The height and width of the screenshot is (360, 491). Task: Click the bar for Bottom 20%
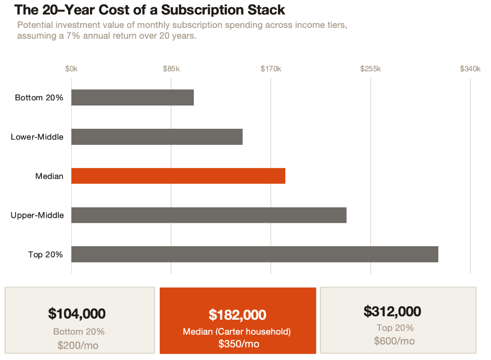[132, 97]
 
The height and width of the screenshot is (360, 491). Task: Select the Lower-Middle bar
[157, 137]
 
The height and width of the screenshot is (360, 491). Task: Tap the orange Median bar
[178, 176]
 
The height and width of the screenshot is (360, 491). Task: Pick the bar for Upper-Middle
[209, 215]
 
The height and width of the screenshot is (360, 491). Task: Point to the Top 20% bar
[254, 254]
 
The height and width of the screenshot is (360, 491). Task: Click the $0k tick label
[71, 69]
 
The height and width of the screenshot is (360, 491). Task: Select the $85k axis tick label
[171, 69]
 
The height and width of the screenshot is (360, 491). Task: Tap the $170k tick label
[270, 69]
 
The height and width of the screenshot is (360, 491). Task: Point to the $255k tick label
[370, 69]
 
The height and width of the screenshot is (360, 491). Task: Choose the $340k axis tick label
[470, 69]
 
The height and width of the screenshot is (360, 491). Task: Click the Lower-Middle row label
[37, 137]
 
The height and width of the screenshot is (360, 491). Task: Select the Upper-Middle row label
[37, 215]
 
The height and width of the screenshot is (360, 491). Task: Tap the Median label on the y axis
[49, 176]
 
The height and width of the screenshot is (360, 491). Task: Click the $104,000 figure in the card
[77, 313]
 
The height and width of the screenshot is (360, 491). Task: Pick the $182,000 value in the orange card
[237, 314]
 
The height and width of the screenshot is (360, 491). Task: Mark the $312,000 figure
[392, 311]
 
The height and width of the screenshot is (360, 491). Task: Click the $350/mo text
[238, 344]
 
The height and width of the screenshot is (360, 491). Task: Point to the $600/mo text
[394, 341]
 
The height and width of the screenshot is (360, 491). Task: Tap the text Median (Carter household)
[237, 332]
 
